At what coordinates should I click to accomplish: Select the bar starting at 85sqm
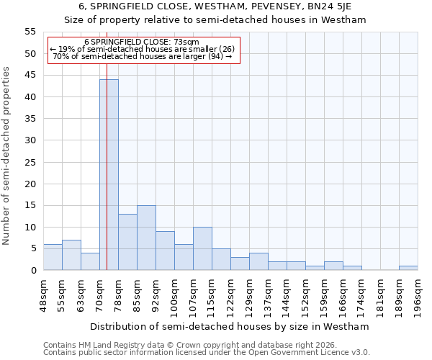(146, 238)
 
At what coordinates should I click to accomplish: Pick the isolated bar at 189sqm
(408, 268)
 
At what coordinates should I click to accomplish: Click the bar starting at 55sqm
(71, 255)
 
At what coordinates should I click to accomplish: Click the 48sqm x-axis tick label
(43, 295)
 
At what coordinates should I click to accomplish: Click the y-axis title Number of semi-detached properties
(6, 156)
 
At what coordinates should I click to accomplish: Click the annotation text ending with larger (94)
(142, 56)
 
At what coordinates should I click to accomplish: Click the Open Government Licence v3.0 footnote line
(206, 352)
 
